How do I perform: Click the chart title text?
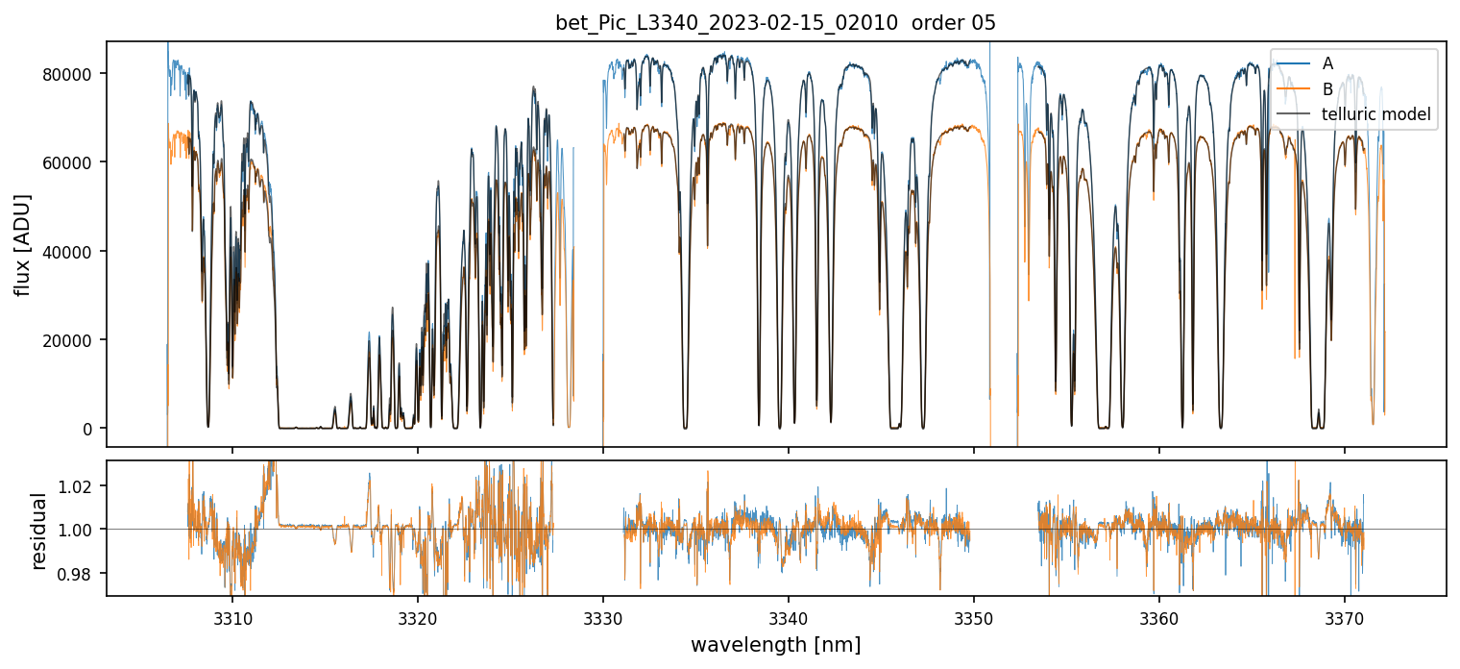coord(775,23)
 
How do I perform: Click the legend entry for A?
coord(1327,63)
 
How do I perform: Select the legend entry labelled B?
coord(1327,89)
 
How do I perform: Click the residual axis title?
coord(38,530)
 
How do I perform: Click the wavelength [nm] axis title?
coord(775,645)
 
